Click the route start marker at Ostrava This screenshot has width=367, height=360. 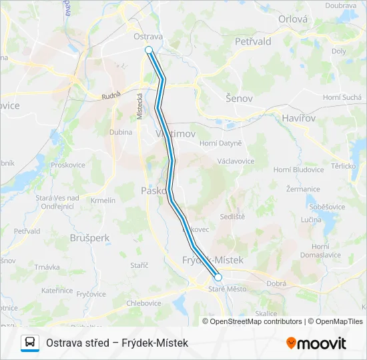click(149, 50)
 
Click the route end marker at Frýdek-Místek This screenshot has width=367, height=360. click(218, 277)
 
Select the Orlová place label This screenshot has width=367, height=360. click(293, 19)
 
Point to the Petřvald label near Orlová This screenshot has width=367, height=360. click(253, 41)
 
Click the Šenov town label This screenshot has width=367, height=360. click(239, 98)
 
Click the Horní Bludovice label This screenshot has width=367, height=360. click(298, 170)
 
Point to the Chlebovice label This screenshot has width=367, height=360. click(143, 303)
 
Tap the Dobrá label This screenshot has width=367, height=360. click(275, 283)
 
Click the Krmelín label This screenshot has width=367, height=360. click(103, 200)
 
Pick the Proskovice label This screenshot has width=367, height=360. click(67, 165)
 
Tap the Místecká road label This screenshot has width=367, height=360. click(140, 106)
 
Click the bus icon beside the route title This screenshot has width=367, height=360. click(30, 343)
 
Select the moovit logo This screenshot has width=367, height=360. click(316, 343)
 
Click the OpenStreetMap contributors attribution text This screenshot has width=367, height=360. click(254, 321)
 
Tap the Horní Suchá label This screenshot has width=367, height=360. click(341, 97)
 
